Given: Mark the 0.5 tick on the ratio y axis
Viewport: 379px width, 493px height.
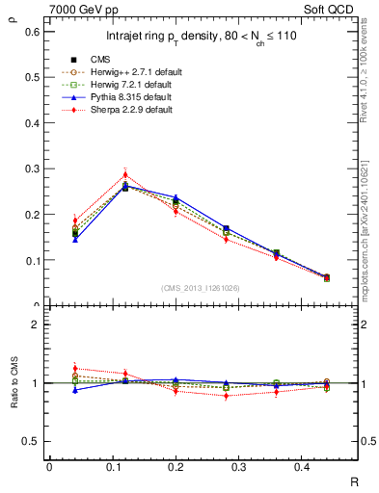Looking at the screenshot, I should coord(32,441).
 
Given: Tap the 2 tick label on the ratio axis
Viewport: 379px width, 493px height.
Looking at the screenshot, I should coord(36,324).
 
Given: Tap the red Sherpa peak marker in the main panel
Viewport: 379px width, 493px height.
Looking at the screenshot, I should coord(125,174).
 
